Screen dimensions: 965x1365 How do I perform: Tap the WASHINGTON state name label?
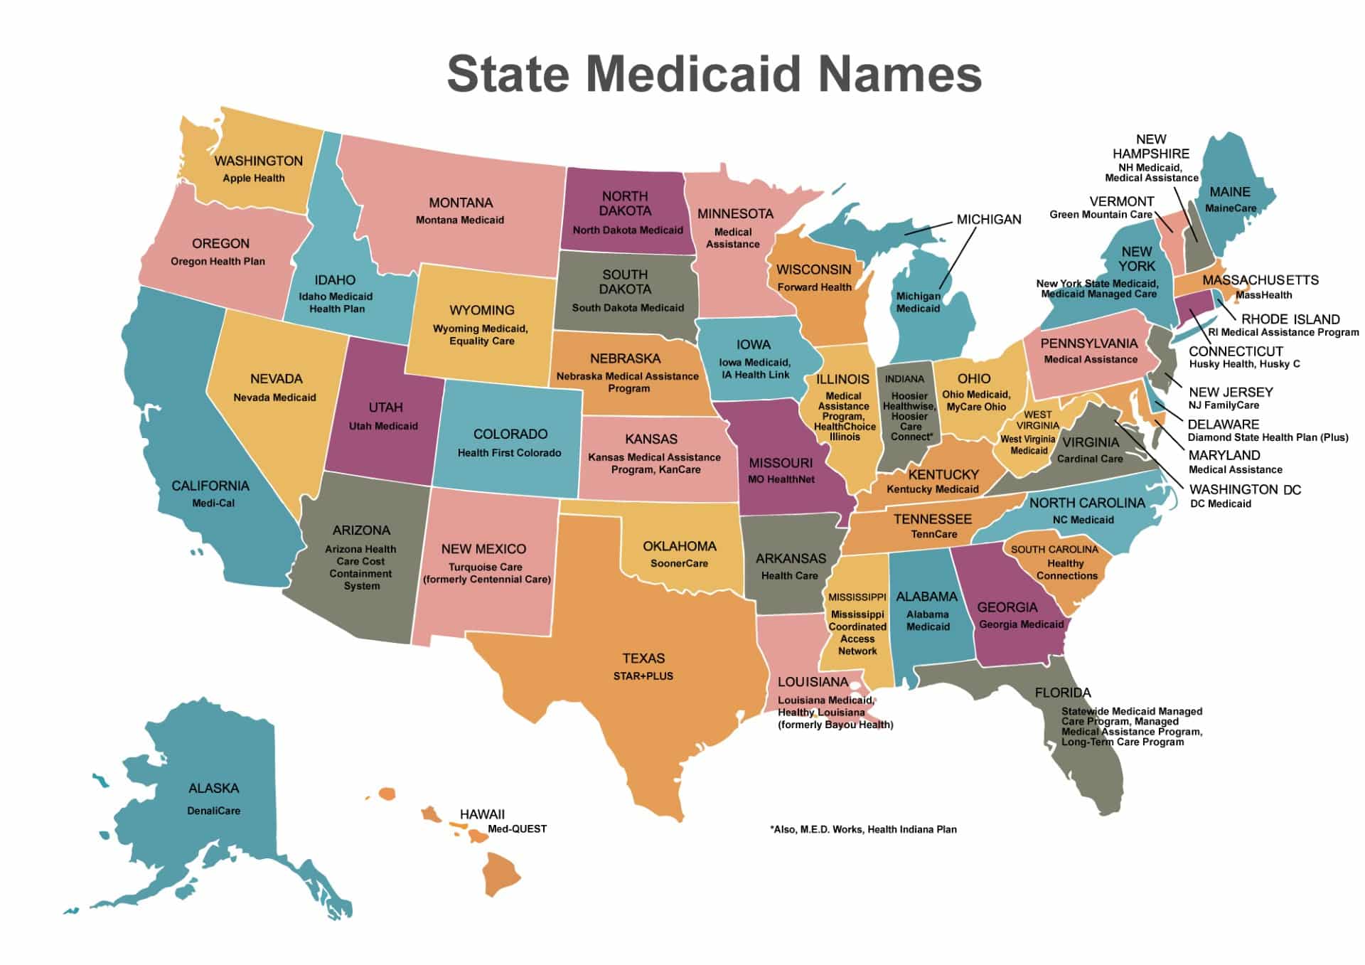(259, 161)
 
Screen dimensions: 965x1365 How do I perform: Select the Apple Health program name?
(254, 178)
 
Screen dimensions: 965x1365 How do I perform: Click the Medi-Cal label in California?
(213, 503)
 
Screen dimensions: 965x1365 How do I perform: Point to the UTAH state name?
(385, 407)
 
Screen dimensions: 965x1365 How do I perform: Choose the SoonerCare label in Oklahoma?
(679, 564)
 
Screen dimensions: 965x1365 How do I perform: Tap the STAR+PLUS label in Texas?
(643, 676)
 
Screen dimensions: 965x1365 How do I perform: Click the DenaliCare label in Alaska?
(213, 811)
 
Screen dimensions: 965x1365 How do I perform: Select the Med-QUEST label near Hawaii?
(517, 829)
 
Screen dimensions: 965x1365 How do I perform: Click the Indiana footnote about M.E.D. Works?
(863, 830)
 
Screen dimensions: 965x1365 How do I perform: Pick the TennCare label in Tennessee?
(934, 535)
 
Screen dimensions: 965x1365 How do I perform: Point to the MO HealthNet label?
(781, 480)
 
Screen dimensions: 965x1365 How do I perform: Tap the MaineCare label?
(1231, 208)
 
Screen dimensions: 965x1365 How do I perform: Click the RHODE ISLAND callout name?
(1290, 319)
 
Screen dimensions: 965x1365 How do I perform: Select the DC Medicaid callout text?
(1221, 504)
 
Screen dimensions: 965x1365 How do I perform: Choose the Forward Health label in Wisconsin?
(814, 287)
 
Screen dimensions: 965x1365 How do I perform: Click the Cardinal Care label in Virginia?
(1090, 459)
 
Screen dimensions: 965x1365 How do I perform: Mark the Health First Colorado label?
(509, 453)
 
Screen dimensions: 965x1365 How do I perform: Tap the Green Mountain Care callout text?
(1101, 215)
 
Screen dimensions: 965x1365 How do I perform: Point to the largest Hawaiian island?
(502, 875)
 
